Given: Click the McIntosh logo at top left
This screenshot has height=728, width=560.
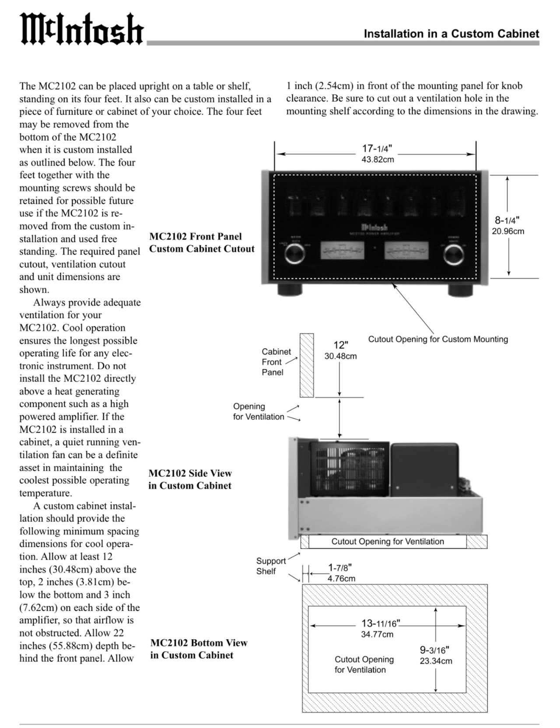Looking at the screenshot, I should tap(82, 29).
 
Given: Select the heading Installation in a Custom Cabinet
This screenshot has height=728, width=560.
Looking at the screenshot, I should tap(451, 34).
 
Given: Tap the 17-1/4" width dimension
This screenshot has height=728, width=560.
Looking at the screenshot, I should tap(377, 153).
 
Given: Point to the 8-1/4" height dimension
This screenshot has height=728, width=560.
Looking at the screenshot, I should tap(507, 225).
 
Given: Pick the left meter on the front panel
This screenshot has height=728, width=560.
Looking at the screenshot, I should tap(342, 251).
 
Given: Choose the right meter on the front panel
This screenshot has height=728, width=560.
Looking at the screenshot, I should tap(406, 251).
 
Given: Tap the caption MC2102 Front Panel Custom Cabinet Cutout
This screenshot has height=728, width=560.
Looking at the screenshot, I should tap(202, 242).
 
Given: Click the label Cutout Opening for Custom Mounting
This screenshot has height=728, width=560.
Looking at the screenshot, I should tap(438, 339).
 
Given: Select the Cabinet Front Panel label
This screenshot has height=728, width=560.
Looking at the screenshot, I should tap(276, 362).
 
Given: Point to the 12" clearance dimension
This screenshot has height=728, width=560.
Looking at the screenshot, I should tap(340, 350).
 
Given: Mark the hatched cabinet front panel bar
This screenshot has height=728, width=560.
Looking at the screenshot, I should tap(307, 365).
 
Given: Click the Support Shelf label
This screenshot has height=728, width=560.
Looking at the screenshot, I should tap(270, 566).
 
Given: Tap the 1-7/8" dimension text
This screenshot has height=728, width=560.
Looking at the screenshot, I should tap(340, 573).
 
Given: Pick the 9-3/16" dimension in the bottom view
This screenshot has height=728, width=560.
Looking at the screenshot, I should tap(435, 655).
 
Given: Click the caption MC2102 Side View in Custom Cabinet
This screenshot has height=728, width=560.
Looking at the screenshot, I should tap(190, 479).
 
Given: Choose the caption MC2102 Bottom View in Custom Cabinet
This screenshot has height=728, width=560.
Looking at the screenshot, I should tap(199, 649).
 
